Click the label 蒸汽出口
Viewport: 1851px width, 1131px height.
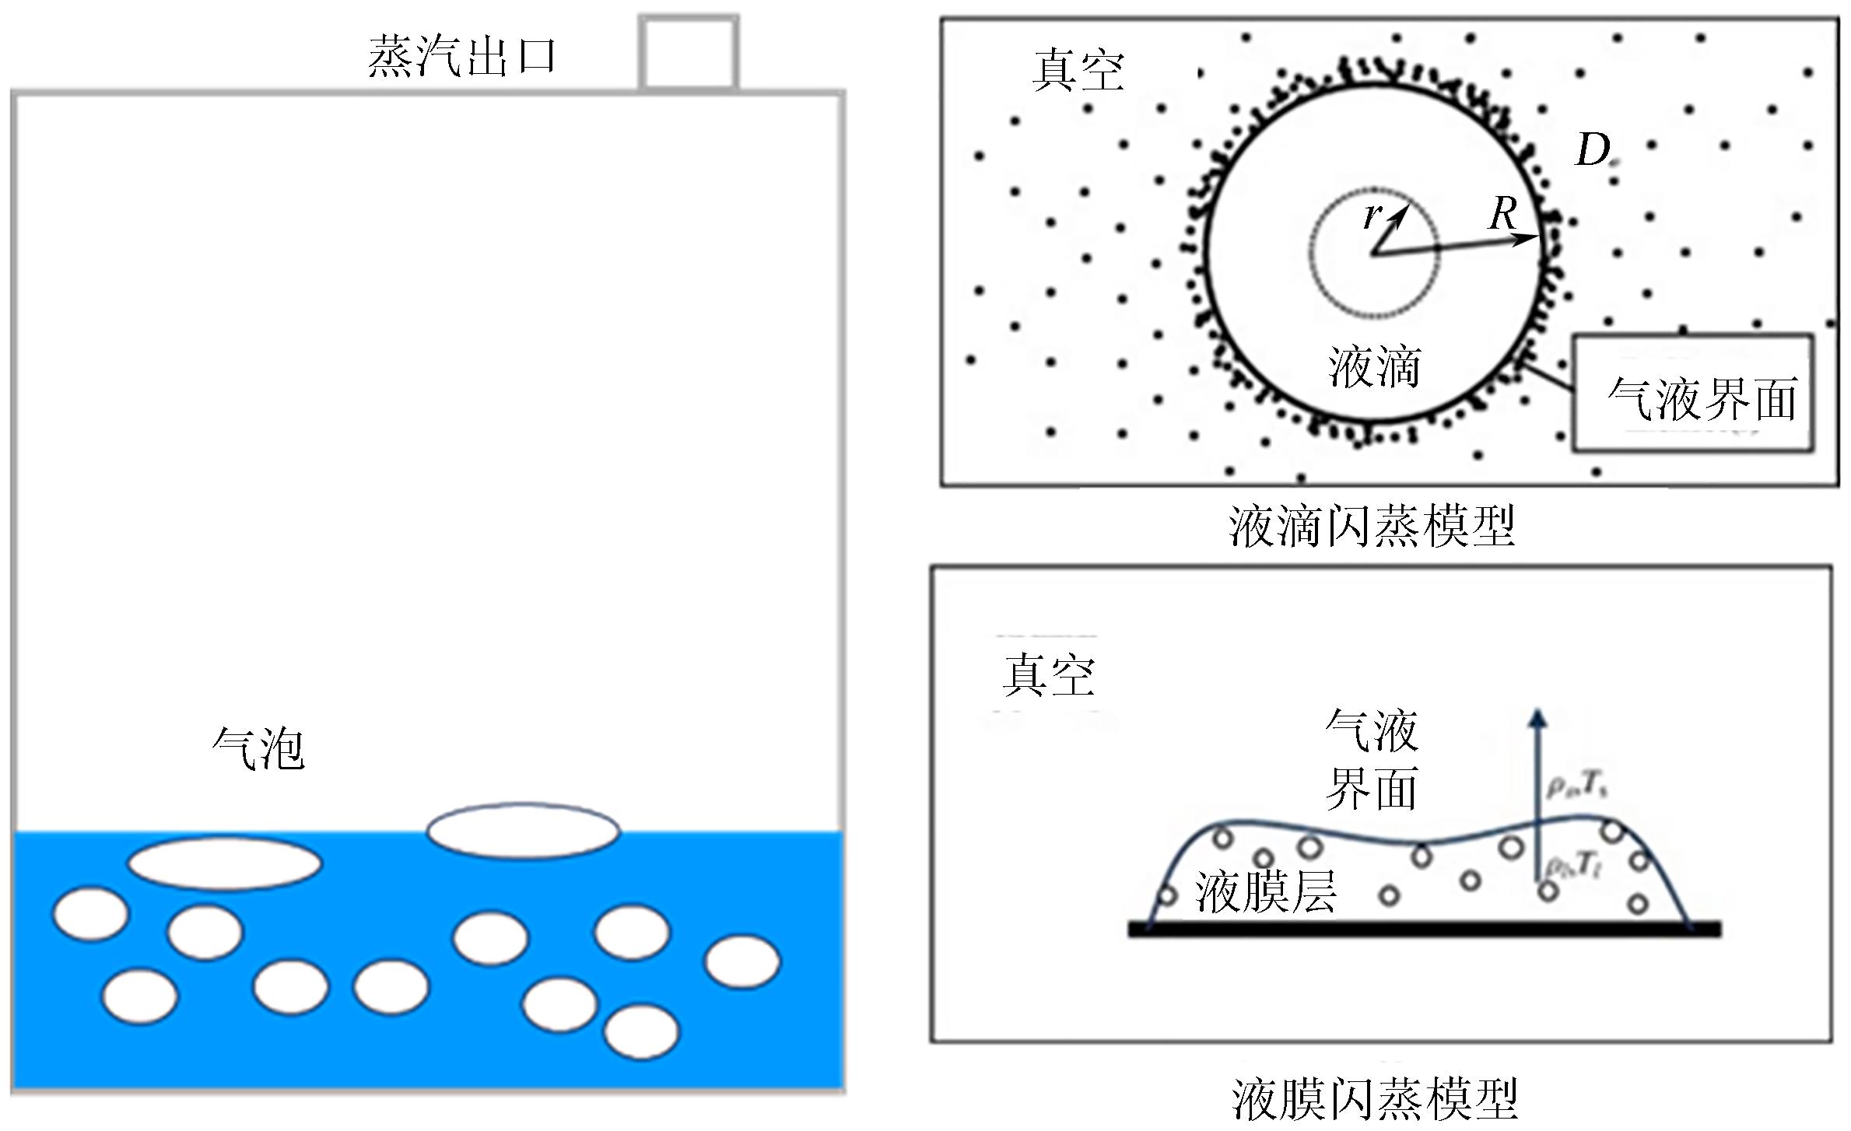461,56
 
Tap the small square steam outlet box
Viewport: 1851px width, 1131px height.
689,53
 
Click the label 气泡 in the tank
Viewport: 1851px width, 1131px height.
258,749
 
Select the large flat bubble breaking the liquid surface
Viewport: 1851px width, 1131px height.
524,831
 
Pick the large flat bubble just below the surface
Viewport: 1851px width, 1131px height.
225,863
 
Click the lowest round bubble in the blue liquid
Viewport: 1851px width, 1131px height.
642,1031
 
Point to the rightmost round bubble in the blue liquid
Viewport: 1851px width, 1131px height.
742,961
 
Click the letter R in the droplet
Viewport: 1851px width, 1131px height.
1503,213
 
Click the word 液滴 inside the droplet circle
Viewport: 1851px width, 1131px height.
1374,366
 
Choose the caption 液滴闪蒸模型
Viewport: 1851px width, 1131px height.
1372,527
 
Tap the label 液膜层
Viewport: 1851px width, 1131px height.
1266,891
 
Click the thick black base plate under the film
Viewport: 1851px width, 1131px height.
1424,928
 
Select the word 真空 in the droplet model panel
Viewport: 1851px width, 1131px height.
1078,71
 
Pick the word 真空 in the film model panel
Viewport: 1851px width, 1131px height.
1049,674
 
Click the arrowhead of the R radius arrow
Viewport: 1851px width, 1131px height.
1531,238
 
